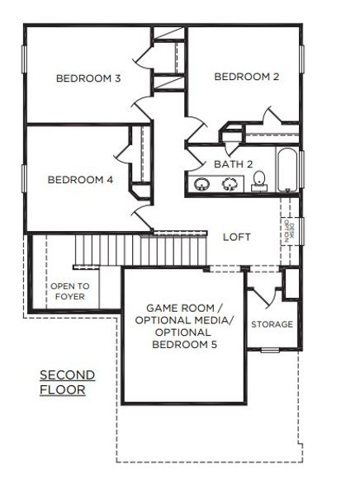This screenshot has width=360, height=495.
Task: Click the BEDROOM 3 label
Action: point(88,79)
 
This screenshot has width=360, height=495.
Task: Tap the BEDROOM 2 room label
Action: point(246,77)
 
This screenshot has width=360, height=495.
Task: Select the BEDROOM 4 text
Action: point(80,180)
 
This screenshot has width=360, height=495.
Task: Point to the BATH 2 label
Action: point(233,164)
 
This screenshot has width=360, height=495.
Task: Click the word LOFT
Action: point(236,237)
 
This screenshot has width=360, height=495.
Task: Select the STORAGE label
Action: point(272,324)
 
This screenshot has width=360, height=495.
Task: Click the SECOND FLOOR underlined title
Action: point(67,382)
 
